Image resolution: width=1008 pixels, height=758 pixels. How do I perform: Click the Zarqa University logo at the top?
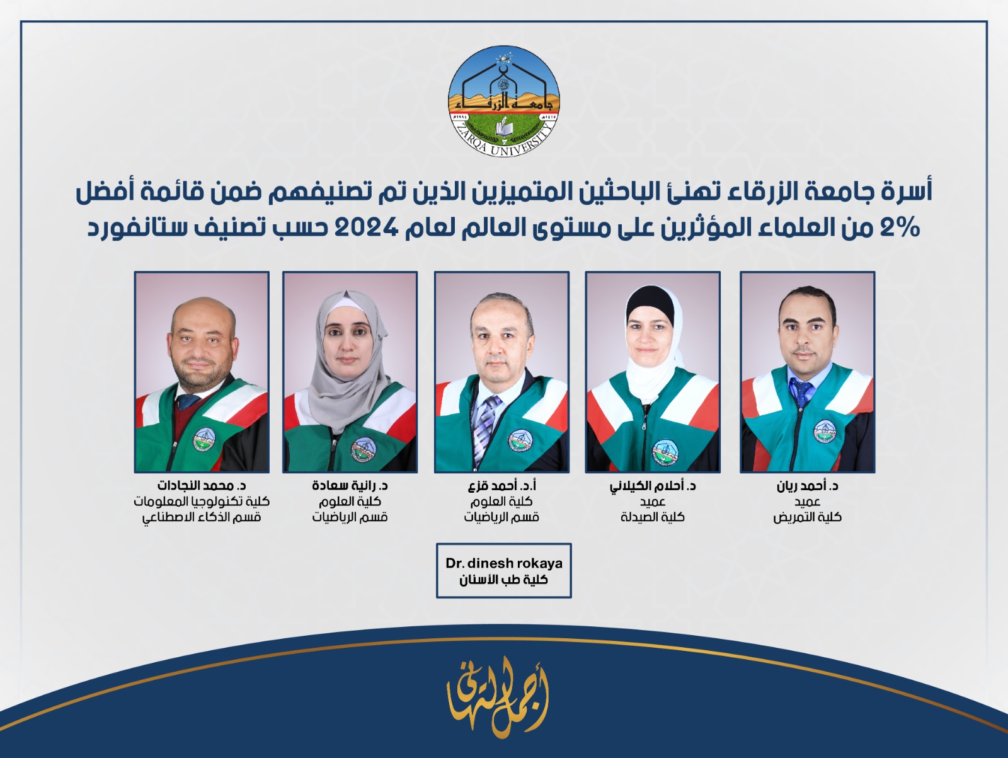pos(504,101)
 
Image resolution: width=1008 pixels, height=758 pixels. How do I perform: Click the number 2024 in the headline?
pos(365,227)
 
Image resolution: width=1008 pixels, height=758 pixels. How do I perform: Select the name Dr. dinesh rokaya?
pos(504,563)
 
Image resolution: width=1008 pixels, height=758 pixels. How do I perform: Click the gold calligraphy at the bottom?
pos(498,696)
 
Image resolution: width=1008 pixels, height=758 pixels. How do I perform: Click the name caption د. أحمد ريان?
pos(807,486)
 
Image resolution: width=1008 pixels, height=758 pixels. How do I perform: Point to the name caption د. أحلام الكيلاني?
pos(653,486)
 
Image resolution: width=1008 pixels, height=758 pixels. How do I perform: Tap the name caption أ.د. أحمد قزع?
pos(501,486)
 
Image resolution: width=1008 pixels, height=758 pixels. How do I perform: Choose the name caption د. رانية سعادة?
pos(350,486)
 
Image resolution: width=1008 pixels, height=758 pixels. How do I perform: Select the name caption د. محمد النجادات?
pos(202,486)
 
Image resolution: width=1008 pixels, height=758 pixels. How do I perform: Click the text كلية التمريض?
pos(807,517)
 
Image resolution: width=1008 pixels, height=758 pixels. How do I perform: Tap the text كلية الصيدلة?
pos(653,517)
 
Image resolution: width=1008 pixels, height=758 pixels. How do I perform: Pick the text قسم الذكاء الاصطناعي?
pos(202,517)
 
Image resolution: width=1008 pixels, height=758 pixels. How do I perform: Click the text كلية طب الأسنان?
pos(504,580)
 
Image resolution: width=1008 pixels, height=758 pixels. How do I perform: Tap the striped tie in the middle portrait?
pos(484,422)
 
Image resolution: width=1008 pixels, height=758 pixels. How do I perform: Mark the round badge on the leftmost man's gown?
pos(204,439)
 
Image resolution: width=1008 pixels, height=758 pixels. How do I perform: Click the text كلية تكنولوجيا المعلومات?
pos(202,502)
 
